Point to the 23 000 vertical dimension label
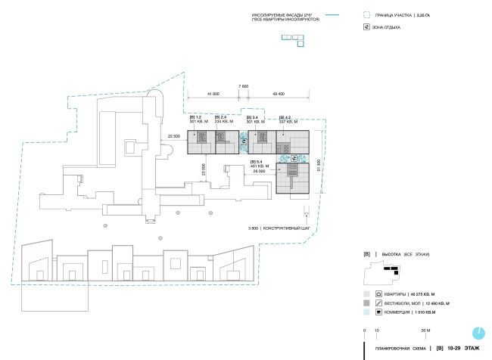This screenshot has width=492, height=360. coord(203,171)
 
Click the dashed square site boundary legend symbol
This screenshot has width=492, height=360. coord(367,14)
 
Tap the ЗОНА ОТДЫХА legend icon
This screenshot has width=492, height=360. coord(367,27)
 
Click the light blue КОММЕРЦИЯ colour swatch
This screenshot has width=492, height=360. coord(366,311)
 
